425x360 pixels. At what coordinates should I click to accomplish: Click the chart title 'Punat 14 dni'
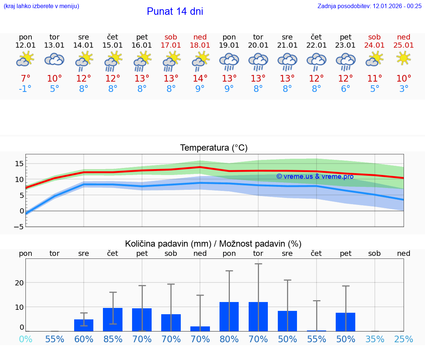tap(175, 11)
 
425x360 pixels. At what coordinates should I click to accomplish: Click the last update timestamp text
tap(369, 6)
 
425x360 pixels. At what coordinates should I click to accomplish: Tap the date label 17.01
tap(171, 45)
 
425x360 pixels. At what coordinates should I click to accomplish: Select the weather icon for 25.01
tap(404, 58)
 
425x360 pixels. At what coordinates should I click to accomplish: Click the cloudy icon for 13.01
tap(55, 59)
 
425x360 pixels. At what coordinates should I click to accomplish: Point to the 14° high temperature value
tap(200, 78)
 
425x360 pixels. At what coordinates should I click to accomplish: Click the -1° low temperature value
tap(25, 89)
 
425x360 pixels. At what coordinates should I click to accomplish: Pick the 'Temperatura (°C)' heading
tap(214, 148)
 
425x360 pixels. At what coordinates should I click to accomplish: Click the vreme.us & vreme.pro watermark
tap(315, 176)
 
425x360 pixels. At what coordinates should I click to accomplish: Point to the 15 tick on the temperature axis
tap(19, 164)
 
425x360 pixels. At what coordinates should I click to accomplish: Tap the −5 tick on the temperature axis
tap(19, 227)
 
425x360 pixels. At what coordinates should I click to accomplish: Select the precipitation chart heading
tap(213, 244)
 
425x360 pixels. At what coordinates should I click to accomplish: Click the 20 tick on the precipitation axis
tap(19, 283)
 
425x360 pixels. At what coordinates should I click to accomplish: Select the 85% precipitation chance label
tap(113, 339)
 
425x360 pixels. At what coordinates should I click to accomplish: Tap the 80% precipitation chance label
tap(229, 339)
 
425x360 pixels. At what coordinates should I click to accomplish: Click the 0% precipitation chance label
tap(25, 339)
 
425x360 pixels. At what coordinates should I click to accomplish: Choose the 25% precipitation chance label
tap(404, 339)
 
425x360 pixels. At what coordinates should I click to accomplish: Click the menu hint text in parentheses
tap(41, 6)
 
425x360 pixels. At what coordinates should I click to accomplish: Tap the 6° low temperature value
tap(346, 89)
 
